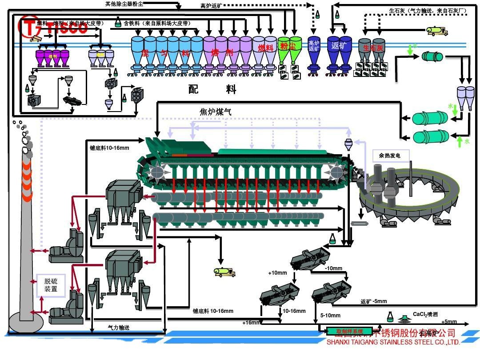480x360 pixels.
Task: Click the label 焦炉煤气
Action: coord(216,112)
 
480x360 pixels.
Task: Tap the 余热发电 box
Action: coord(390,156)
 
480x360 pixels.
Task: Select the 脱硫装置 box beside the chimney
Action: coord(51,285)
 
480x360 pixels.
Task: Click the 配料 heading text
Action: coord(212,89)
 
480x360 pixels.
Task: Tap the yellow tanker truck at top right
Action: coord(436,30)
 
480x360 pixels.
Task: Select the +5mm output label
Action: coord(449,322)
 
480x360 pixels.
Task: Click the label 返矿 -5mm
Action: coord(373,302)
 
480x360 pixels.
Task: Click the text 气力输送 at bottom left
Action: coord(119,327)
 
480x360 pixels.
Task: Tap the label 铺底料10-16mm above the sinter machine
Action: coord(109,148)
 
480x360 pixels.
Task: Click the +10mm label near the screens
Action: coord(278,272)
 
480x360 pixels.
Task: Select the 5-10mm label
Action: coord(330,316)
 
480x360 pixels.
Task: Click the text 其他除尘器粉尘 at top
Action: coord(124,4)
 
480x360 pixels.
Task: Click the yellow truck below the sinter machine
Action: coord(224,272)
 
